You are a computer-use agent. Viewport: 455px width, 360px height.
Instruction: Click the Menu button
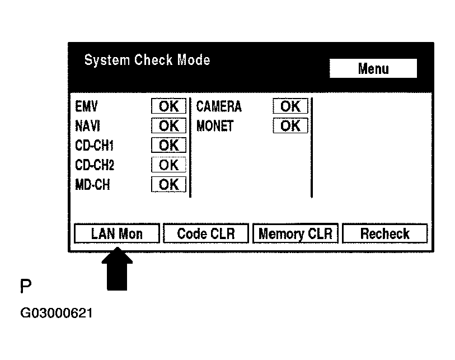[x=373, y=69]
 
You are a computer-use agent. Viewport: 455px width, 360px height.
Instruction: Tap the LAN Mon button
[x=116, y=233]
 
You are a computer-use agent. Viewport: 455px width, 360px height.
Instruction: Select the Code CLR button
[x=205, y=233]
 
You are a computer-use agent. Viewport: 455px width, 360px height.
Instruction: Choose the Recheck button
[x=384, y=233]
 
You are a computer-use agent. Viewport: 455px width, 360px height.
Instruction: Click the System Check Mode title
[x=147, y=60]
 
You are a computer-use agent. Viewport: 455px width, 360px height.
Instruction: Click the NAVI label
[x=87, y=126]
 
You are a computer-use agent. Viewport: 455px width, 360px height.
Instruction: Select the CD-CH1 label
[x=94, y=146]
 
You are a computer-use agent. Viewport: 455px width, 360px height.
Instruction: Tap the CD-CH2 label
[x=95, y=165]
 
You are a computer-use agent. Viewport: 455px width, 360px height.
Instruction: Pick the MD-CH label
[x=92, y=185]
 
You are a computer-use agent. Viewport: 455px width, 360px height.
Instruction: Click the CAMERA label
[x=218, y=107]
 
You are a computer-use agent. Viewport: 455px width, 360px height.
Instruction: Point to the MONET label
[x=215, y=126]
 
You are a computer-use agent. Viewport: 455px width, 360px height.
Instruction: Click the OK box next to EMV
[x=168, y=106]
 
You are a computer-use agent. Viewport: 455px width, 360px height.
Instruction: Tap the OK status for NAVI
[x=168, y=126]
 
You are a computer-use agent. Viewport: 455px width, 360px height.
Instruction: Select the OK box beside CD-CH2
[x=168, y=165]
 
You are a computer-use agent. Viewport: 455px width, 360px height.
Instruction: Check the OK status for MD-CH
[x=168, y=185]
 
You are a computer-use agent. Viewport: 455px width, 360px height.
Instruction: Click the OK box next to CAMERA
[x=290, y=106]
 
